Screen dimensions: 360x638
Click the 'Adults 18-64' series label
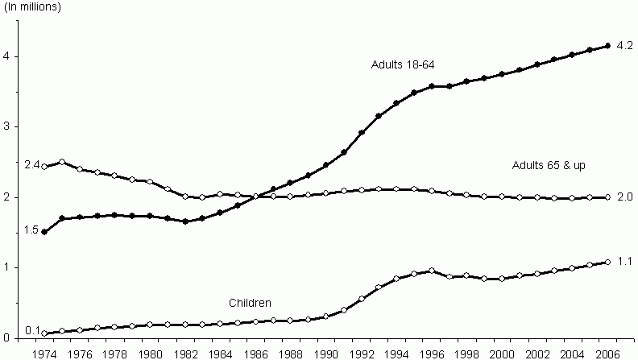point(403,64)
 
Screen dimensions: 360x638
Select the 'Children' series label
point(250,303)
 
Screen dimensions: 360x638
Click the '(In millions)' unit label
point(33,7)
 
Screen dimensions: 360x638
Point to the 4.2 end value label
point(624,46)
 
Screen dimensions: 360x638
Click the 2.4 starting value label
point(32,165)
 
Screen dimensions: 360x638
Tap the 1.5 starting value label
point(32,230)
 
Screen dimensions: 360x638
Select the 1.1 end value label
point(624,261)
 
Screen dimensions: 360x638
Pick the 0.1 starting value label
point(32,330)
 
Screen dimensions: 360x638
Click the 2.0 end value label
point(624,197)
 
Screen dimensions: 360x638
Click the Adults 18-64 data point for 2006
point(607,46)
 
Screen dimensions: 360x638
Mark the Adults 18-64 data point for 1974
point(43,232)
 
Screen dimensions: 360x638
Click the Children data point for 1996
point(432,271)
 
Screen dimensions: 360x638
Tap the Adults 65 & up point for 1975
point(61,162)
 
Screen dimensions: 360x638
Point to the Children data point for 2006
point(607,262)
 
